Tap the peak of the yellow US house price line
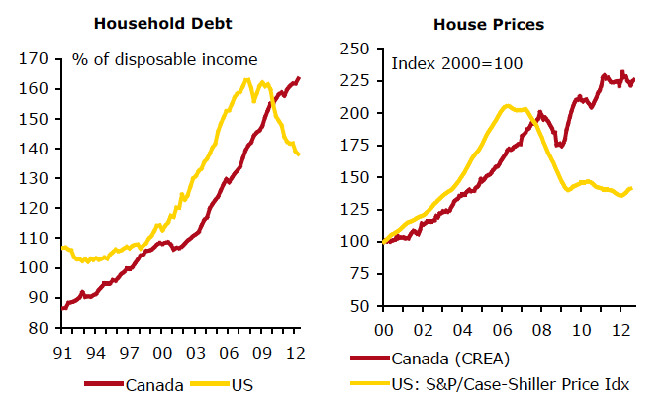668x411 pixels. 507,105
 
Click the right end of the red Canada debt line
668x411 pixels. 300,78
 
